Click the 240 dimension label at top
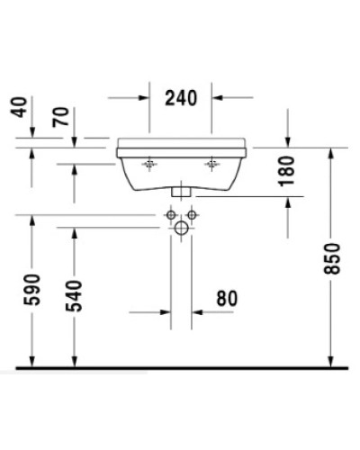coord(181,96)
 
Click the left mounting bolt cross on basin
coord(149,164)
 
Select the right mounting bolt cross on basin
coord(213,164)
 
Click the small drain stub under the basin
coord(181,192)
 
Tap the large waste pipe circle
coord(181,229)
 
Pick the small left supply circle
coord(169,216)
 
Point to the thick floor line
coord(180,368)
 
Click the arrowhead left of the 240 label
coord(144,96)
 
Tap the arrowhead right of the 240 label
coord(217,96)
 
